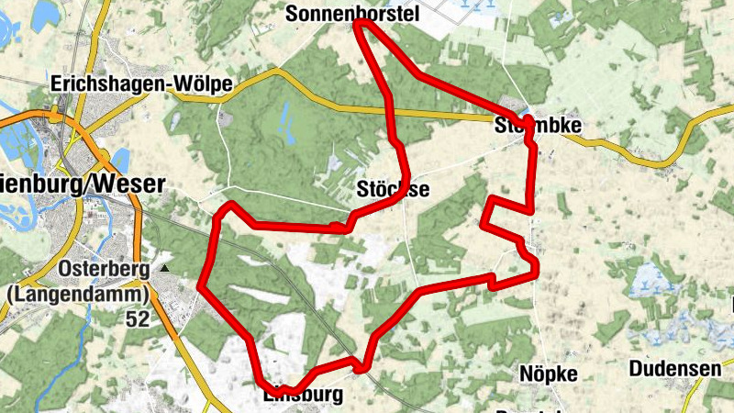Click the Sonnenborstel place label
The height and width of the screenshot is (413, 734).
(x=352, y=13)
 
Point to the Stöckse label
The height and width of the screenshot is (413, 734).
(x=392, y=190)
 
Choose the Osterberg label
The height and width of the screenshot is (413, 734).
(x=107, y=269)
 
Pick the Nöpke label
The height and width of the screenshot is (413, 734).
(x=548, y=374)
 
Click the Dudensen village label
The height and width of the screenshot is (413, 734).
(x=675, y=369)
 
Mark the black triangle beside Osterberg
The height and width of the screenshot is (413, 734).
(x=165, y=268)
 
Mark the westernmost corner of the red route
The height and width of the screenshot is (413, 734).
(x=200, y=285)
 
